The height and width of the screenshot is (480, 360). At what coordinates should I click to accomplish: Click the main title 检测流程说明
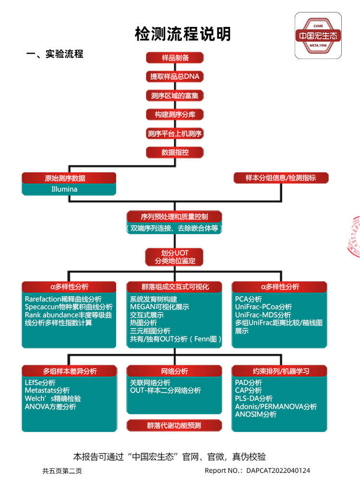[183, 34]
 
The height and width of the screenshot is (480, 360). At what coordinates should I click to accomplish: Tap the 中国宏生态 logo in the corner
[318, 36]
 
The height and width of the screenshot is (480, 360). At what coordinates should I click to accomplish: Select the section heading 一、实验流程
[55, 54]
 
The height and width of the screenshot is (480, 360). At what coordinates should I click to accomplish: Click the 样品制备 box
[175, 58]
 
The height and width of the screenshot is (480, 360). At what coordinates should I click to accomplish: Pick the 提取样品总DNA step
[175, 76]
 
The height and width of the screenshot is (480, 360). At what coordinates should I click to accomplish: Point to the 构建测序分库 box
[175, 115]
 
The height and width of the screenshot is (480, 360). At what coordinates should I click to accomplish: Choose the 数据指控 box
[175, 153]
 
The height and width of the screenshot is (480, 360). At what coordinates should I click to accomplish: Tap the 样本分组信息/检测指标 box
[281, 178]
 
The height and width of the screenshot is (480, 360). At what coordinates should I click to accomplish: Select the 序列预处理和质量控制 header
[174, 216]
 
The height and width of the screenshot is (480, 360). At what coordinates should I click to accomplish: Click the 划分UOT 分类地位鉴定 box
[175, 257]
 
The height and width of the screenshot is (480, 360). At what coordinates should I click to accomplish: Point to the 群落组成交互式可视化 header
[174, 287]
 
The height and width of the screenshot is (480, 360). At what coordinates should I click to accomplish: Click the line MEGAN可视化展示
[159, 307]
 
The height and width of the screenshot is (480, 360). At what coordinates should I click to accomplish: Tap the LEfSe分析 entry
[40, 383]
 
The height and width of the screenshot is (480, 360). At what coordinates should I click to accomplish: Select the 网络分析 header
[174, 371]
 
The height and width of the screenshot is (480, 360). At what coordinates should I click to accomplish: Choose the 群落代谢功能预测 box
[174, 425]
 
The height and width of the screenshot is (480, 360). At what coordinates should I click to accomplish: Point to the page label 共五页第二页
[62, 470]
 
